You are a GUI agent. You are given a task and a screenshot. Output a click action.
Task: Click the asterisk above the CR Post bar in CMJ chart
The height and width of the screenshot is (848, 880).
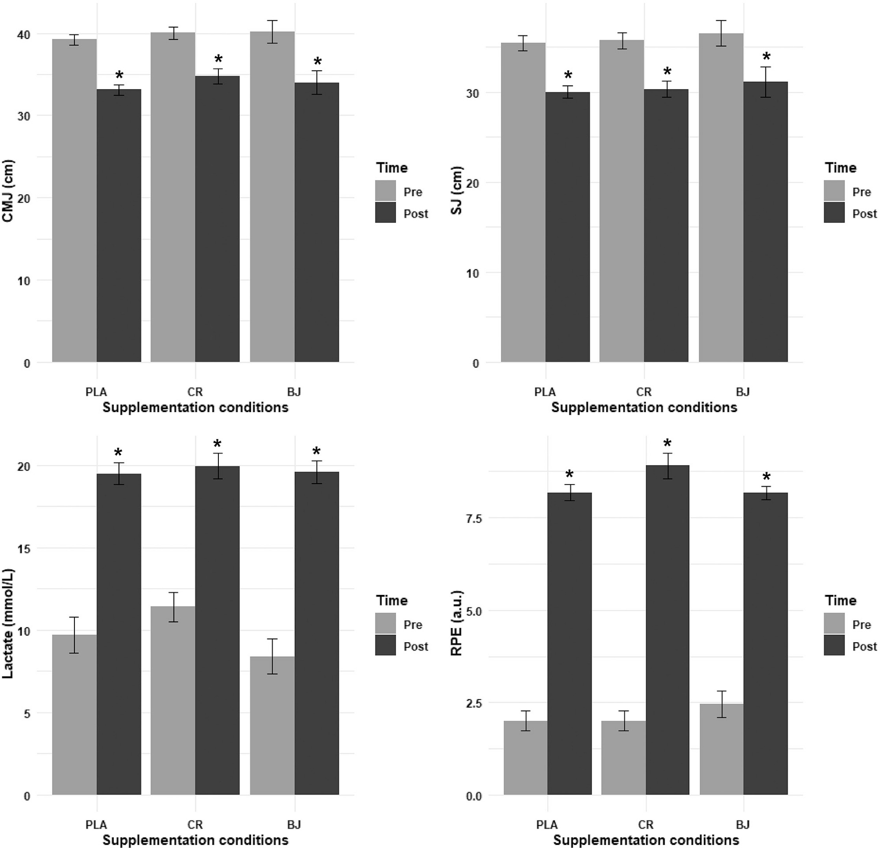click(x=218, y=59)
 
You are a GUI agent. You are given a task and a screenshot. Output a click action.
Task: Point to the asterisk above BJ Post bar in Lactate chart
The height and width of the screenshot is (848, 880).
click(x=317, y=452)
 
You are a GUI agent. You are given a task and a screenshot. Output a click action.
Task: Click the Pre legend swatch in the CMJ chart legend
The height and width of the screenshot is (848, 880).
click(x=385, y=191)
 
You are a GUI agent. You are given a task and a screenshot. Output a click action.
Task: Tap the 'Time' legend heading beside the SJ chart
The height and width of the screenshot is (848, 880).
click(x=841, y=168)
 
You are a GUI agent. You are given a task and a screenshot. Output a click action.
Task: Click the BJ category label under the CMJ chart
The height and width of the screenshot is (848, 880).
click(x=294, y=392)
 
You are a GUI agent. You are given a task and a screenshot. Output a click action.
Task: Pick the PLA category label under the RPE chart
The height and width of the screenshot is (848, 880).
click(x=547, y=824)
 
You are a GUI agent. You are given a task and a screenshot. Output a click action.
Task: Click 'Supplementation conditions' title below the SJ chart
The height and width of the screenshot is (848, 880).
click(x=644, y=407)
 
